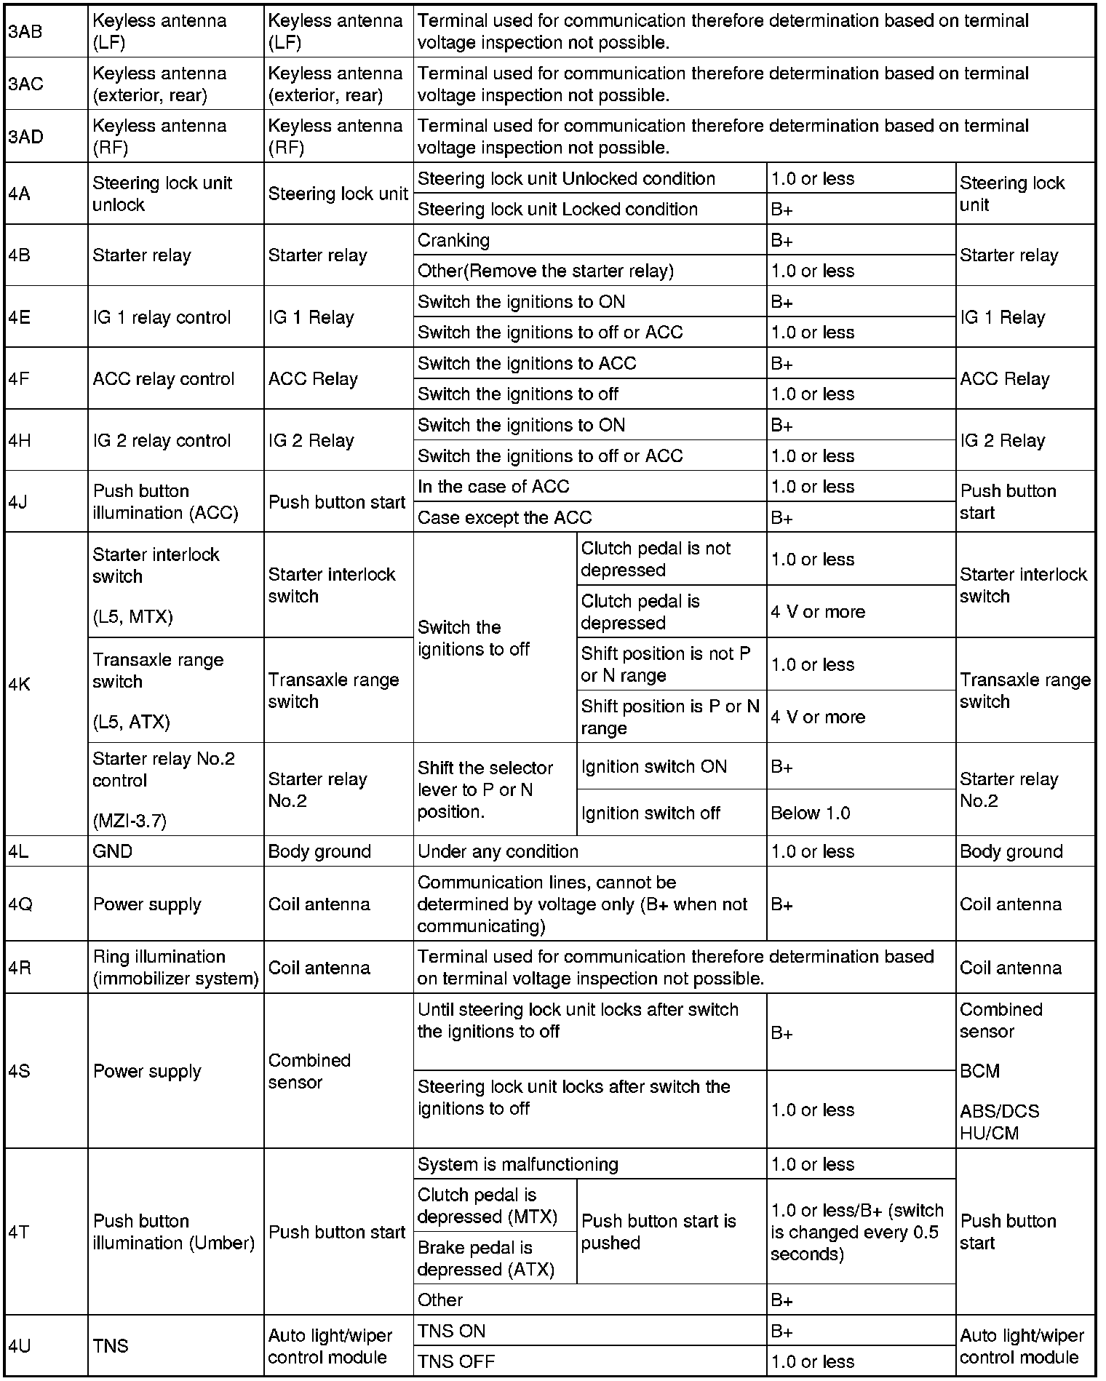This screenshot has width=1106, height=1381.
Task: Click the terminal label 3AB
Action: pyautogui.click(x=25, y=32)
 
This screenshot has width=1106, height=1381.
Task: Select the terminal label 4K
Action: pyautogui.click(x=20, y=684)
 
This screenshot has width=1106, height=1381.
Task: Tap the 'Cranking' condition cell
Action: pyautogui.click(x=453, y=240)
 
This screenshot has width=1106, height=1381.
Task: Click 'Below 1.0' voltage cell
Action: pyautogui.click(x=811, y=813)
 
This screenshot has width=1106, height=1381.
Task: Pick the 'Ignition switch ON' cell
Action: pyautogui.click(x=653, y=766)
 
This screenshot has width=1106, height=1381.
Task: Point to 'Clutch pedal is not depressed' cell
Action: pyautogui.click(x=655, y=559)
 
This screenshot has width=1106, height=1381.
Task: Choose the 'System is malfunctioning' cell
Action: pyautogui.click(x=517, y=1164)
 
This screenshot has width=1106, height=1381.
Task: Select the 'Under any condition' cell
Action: pyautogui.click(x=498, y=851)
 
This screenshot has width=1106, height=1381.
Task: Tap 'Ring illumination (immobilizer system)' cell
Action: pyautogui.click(x=175, y=968)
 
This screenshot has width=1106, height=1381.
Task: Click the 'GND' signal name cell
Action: pyautogui.click(x=113, y=851)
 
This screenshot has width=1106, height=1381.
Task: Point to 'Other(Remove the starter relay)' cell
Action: pyautogui.click(x=545, y=271)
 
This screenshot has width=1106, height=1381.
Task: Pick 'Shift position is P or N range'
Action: pyautogui.click(x=669, y=717)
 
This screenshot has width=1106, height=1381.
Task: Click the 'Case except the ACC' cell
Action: pyautogui.click(x=504, y=517)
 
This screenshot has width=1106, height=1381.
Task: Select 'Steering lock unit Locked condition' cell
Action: pyautogui.click(x=557, y=209)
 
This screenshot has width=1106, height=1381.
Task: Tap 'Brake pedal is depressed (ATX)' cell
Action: pyautogui.click(x=485, y=1258)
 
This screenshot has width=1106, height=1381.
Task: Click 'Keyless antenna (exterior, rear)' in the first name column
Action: pyautogui.click(x=159, y=84)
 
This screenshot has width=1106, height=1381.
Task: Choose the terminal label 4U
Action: pyautogui.click(x=20, y=1346)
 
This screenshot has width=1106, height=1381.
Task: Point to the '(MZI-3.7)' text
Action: pyautogui.click(x=130, y=821)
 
